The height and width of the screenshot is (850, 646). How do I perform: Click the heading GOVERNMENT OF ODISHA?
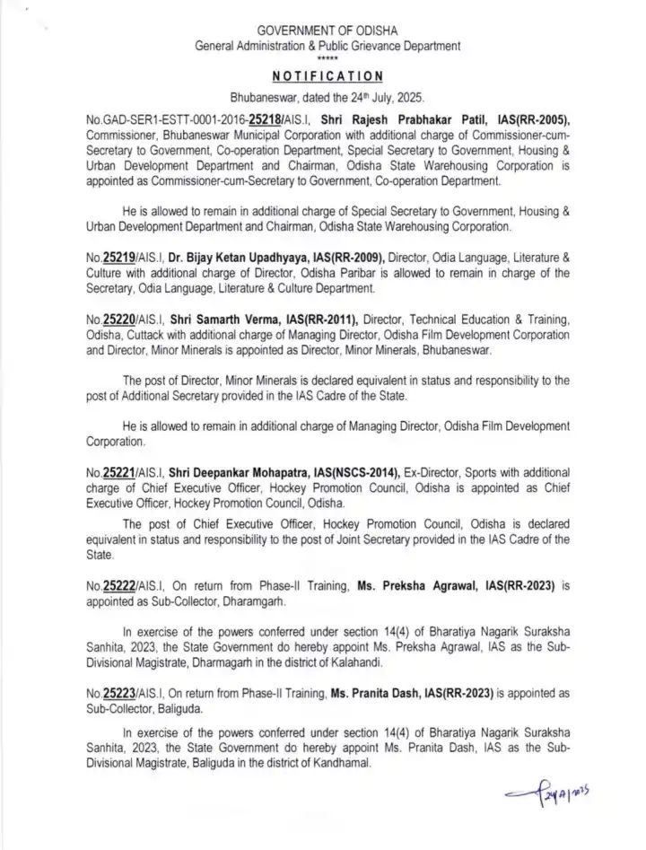point(327,30)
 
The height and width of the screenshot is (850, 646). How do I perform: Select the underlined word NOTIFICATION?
point(327,76)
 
